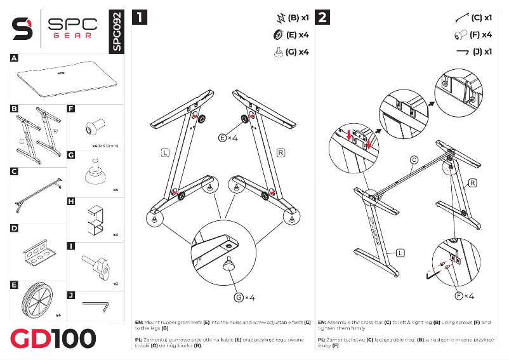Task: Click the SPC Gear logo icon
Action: pyautogui.click(x=23, y=28)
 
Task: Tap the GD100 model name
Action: pyautogui.click(x=53, y=338)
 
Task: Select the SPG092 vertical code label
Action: pyautogui.click(x=115, y=31)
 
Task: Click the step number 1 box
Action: pyautogui.click(x=140, y=17)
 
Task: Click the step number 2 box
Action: pyautogui.click(x=322, y=17)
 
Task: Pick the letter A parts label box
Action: pyautogui.click(x=14, y=58)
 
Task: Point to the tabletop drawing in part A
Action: pyautogui.click(x=66, y=79)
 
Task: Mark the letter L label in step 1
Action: pyautogui.click(x=165, y=152)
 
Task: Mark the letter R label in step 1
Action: pyautogui.click(x=281, y=152)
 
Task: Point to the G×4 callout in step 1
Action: pyautogui.click(x=245, y=297)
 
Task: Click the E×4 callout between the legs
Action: pyautogui.click(x=228, y=138)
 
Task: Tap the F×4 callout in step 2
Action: pyautogui.click(x=465, y=296)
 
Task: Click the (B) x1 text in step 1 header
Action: pyautogui.click(x=298, y=17)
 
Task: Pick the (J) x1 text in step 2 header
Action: pyautogui.click(x=483, y=51)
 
